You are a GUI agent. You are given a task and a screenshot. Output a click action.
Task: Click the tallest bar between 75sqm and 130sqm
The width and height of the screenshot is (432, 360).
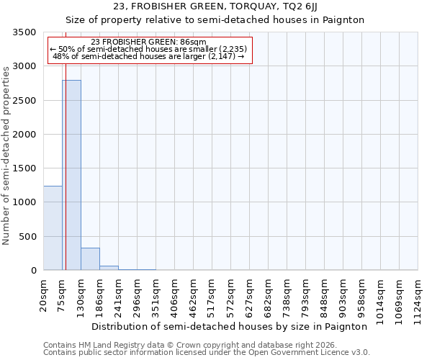pos(71,175)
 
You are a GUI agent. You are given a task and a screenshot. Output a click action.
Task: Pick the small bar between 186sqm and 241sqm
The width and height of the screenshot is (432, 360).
pos(109,268)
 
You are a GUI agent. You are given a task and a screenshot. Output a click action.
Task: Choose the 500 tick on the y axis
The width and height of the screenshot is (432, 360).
pos(28,237)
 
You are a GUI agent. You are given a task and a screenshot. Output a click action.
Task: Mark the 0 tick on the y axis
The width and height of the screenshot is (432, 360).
pos(33,271)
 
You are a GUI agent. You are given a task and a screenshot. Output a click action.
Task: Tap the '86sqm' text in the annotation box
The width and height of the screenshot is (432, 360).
pos(194,42)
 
